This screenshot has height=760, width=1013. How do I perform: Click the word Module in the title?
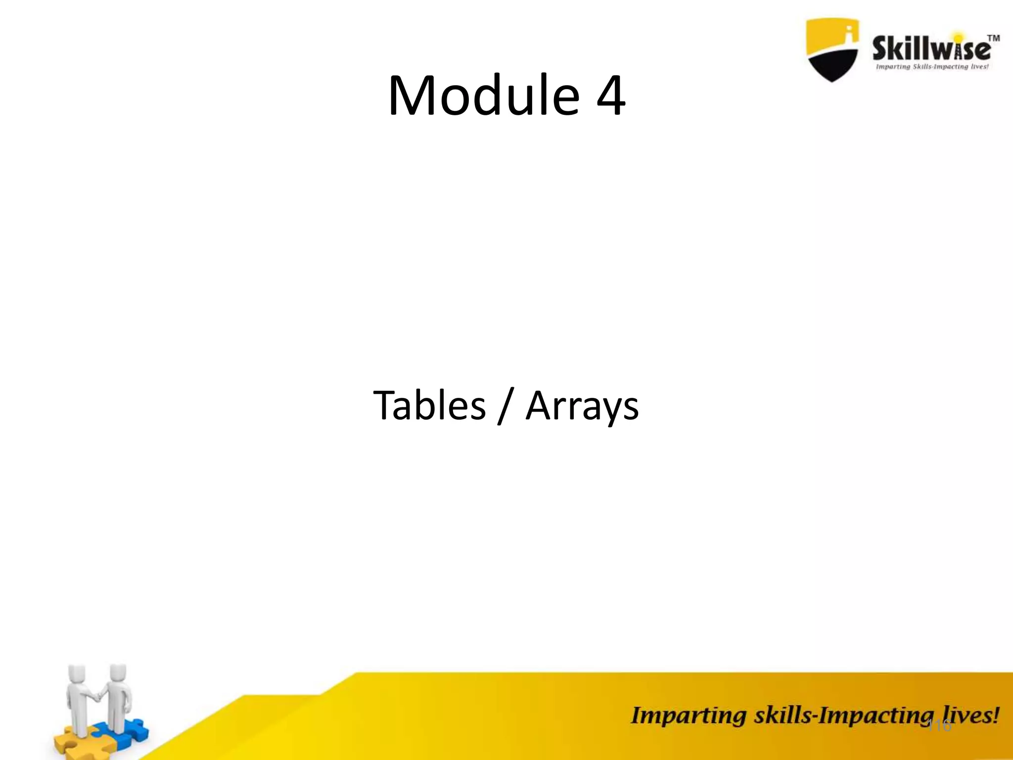[x=483, y=95]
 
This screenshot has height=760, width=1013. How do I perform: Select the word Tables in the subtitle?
[x=429, y=405]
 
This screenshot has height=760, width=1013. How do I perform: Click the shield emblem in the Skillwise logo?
[x=832, y=49]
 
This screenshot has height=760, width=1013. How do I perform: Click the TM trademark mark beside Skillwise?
[x=993, y=39]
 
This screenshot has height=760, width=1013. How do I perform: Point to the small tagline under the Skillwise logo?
[x=932, y=67]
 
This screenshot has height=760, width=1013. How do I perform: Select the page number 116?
[x=938, y=726]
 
